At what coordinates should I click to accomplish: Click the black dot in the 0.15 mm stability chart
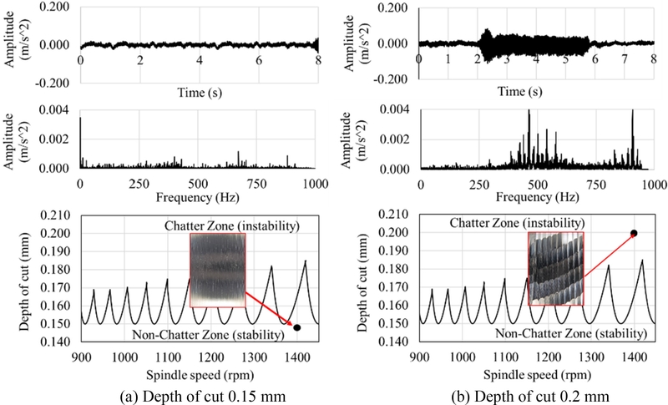tap(297, 327)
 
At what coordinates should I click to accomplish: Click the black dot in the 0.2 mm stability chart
tap(634, 233)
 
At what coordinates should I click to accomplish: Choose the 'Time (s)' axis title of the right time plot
tap(534, 90)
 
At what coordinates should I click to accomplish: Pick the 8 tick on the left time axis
tap(318, 61)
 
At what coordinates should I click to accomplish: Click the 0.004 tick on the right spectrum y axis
tap(397, 109)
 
